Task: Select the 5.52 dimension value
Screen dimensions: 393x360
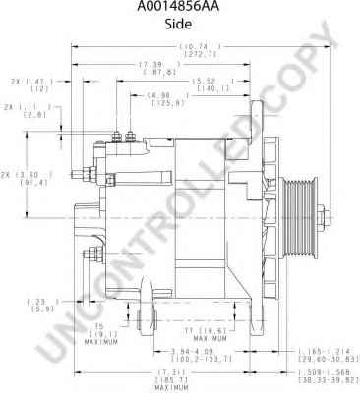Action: coord(205,80)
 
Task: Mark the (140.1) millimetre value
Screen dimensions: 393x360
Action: coord(205,88)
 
